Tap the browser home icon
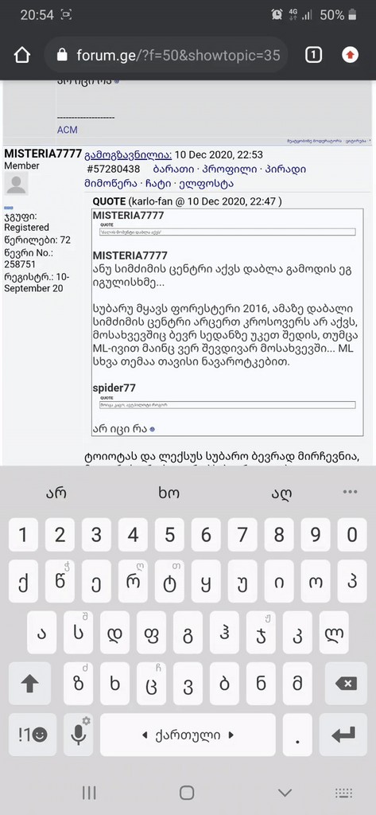click(x=22, y=55)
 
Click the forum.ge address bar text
click(x=178, y=55)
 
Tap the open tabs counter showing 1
click(x=313, y=55)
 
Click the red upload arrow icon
click(x=350, y=55)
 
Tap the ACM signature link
click(x=68, y=130)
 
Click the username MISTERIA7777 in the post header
click(x=43, y=154)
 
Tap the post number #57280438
click(x=113, y=169)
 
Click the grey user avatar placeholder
click(x=16, y=184)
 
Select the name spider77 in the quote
click(x=114, y=387)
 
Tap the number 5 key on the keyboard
click(x=169, y=535)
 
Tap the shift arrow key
click(x=29, y=684)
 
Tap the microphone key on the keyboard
click(x=79, y=735)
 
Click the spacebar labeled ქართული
click(x=188, y=735)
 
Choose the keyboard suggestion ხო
click(x=169, y=493)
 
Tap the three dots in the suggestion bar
click(x=350, y=492)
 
